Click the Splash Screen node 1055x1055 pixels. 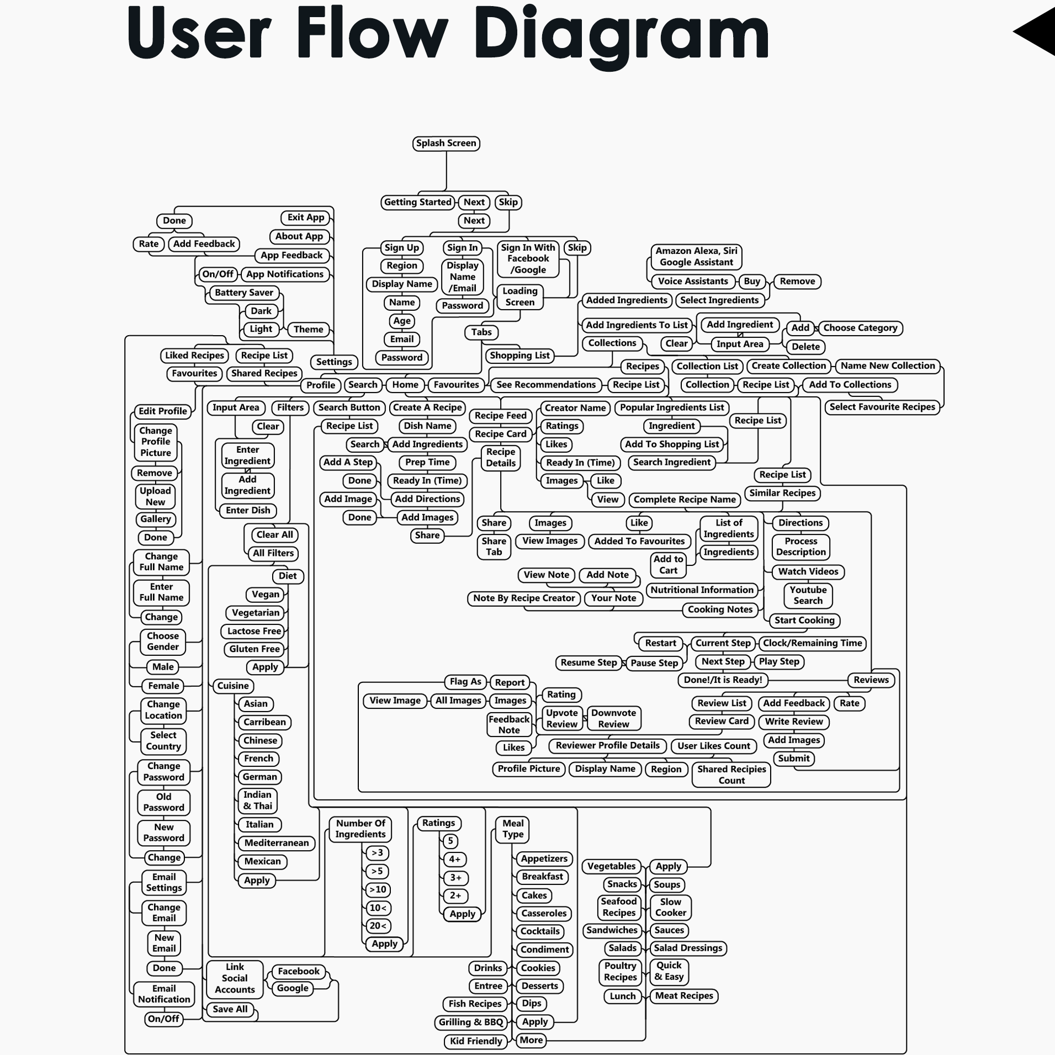tap(446, 144)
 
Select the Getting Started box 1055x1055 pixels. tap(417, 202)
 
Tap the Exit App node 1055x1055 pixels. tap(306, 218)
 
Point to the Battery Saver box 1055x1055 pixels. tap(244, 293)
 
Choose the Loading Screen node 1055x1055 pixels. tap(519, 296)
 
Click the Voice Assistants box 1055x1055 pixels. tap(693, 281)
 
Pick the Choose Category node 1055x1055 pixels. tap(860, 328)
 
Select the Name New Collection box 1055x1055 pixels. tap(888, 365)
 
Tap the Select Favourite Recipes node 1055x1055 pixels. tap(882, 407)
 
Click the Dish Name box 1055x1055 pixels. tap(427, 426)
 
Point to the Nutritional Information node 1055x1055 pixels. tap(702, 590)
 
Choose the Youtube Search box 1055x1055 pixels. tap(808, 595)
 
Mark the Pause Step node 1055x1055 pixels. tap(654, 663)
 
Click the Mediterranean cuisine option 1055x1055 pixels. tap(277, 843)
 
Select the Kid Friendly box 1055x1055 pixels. tap(476, 1041)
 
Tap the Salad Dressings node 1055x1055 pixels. tap(688, 948)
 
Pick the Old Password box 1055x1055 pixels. tap(163, 802)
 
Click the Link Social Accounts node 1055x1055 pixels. tap(235, 978)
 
